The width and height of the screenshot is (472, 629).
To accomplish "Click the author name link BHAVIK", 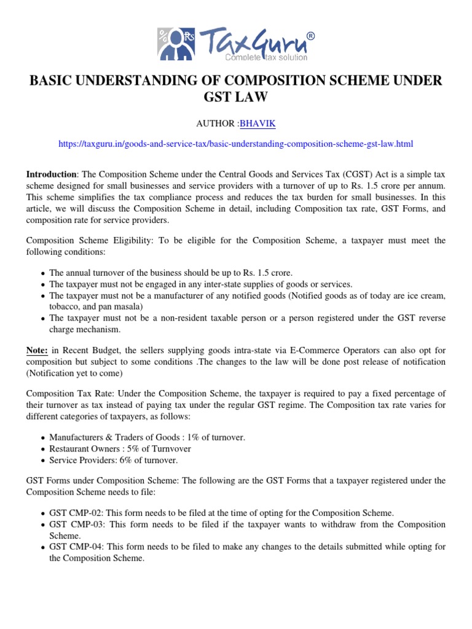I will click(258, 123).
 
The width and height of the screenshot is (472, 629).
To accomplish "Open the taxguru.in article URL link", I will click(236, 144).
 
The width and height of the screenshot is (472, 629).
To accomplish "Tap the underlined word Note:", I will click(37, 350).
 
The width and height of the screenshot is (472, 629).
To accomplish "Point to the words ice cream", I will click(425, 295).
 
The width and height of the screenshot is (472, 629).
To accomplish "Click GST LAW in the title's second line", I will click(236, 98).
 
